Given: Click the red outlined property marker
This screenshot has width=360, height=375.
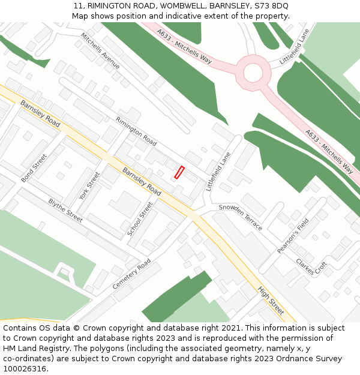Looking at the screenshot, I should tap(179, 172).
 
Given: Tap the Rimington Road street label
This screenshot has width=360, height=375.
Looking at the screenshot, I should tap(136, 131).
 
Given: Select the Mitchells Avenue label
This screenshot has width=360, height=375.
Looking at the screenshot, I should tap(100, 51).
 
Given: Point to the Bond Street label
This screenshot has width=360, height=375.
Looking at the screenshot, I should tap(34, 168).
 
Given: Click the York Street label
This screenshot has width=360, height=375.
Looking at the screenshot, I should tap(90, 187).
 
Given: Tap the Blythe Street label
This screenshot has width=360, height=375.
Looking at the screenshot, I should tap(65, 211).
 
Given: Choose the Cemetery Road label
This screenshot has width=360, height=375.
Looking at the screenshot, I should tap(132, 274).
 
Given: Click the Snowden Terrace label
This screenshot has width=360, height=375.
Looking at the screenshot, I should tap(241, 217).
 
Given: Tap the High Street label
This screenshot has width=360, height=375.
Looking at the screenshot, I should tap(271, 301).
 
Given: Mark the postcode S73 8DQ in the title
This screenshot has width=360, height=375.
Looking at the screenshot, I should tap(271, 6).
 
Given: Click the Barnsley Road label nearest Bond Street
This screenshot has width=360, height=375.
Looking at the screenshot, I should tap(40, 113).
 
